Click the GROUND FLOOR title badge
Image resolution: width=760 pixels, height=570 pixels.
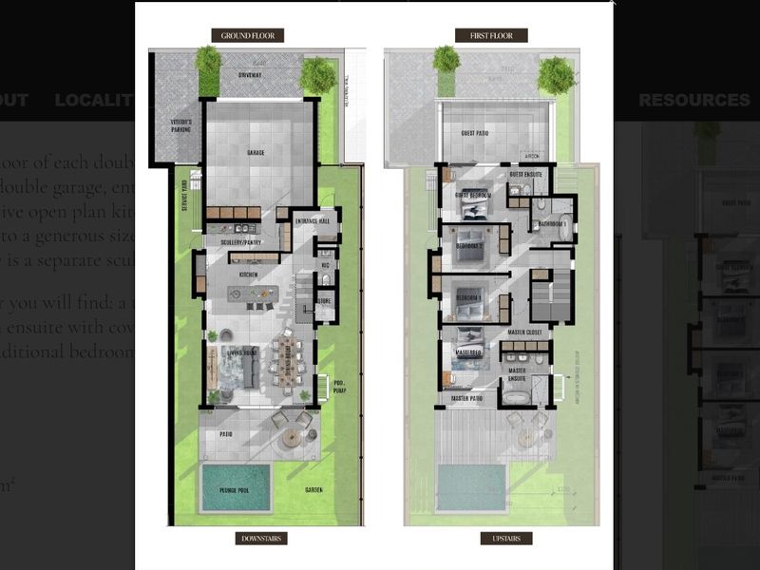tap(247, 35)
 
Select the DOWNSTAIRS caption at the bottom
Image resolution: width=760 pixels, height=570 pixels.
tap(260, 539)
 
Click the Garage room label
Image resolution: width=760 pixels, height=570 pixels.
tap(256, 152)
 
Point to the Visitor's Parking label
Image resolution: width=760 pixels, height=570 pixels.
tap(181, 125)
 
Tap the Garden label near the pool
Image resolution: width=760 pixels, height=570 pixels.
tap(313, 490)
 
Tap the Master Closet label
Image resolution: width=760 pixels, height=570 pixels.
tap(524, 332)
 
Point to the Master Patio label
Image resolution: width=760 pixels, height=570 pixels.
tap(466, 399)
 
